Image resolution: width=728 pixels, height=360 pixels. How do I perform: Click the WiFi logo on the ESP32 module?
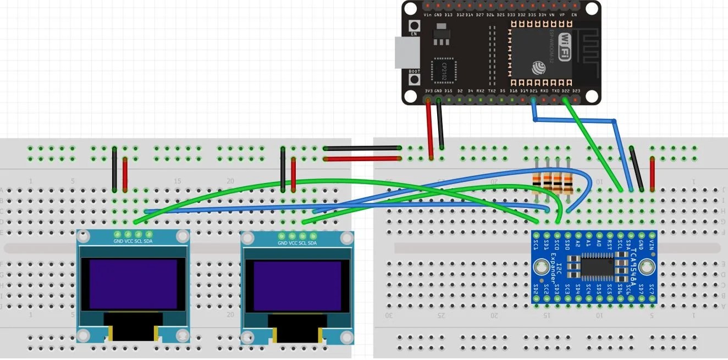click(x=565, y=47)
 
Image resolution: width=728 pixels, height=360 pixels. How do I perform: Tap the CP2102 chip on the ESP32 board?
click(x=444, y=70)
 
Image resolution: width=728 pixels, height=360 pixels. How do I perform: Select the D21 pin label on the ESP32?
click(x=533, y=91)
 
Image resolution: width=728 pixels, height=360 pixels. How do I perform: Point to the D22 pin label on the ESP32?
click(x=565, y=91)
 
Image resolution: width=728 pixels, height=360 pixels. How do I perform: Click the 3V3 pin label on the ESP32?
click(x=428, y=91)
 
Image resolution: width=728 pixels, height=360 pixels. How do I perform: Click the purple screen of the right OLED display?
click(x=297, y=285)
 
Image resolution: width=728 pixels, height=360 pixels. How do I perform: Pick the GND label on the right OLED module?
click(x=282, y=243)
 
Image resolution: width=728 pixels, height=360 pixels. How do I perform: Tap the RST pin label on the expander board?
click(x=609, y=242)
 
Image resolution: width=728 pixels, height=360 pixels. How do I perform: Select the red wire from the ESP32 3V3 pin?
click(x=429, y=129)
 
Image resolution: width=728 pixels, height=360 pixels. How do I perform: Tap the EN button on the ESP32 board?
click(x=414, y=26)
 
